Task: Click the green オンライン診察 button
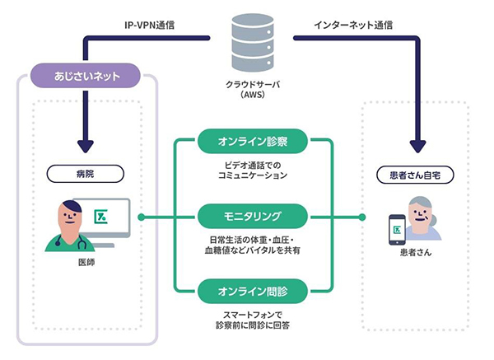coord(252,143)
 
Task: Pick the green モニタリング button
coord(252,217)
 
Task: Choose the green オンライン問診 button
coord(252,291)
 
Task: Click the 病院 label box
coord(85,174)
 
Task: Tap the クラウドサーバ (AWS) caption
coord(246,89)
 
